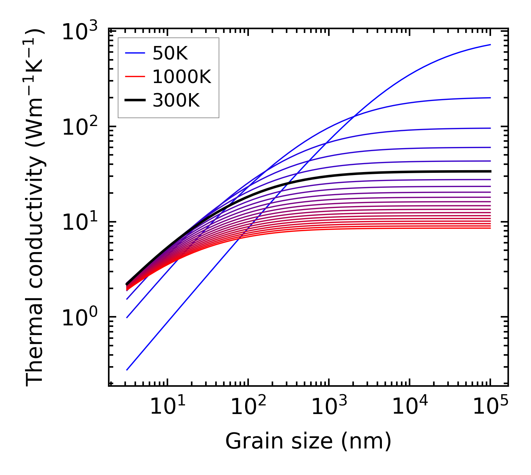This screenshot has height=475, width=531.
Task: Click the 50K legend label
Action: pos(170,54)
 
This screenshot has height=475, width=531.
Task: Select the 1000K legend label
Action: pos(182,77)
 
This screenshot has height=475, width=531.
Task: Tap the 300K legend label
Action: pos(176,100)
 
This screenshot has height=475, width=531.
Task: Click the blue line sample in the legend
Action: pos(135,54)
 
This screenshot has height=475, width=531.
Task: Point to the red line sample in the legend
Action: pos(135,77)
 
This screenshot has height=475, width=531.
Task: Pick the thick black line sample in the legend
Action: pos(135,100)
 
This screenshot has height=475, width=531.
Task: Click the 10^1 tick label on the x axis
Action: pos(167,407)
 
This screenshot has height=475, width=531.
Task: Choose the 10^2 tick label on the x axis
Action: pos(248,407)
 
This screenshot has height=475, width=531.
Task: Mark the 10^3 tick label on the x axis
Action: pos(329,407)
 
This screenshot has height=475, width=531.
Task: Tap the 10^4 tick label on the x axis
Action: pos(410,407)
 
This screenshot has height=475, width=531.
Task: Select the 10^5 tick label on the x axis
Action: pos(490,407)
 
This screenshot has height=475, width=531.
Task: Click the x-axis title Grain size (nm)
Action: pos(308,441)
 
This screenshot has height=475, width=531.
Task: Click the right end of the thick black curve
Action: pos(490,171)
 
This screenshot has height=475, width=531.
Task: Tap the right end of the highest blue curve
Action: pos(490,45)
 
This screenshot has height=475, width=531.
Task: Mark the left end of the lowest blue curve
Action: pos(127,370)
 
